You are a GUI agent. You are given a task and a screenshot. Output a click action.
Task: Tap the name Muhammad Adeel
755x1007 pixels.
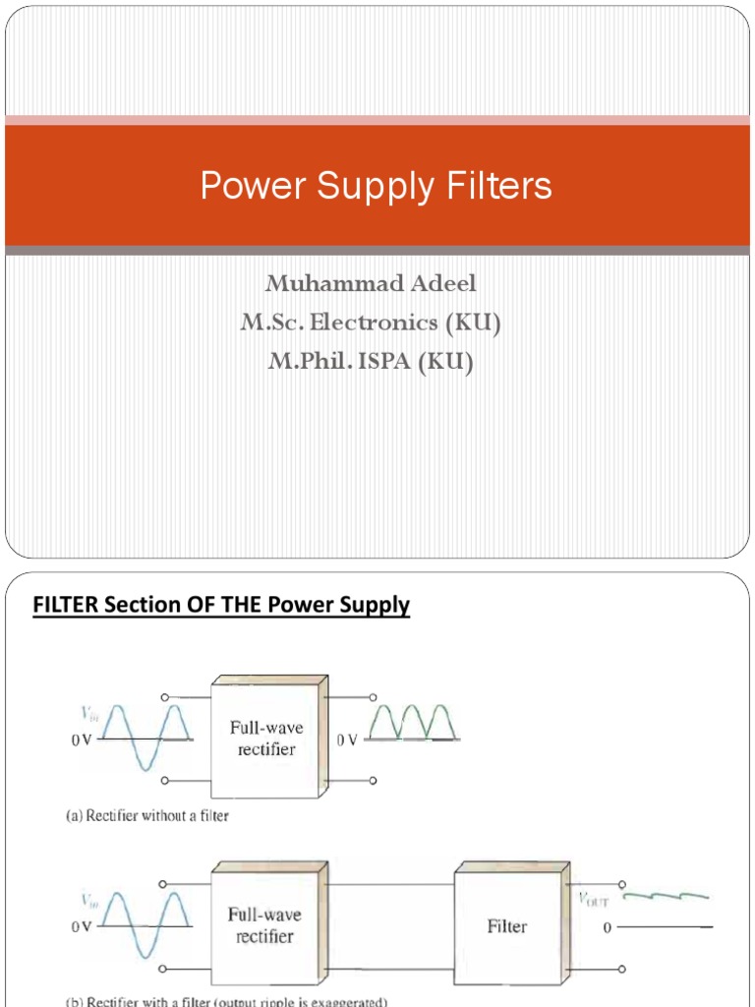click(x=371, y=283)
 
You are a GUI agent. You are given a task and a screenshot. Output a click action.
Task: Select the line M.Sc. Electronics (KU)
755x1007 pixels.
click(x=371, y=323)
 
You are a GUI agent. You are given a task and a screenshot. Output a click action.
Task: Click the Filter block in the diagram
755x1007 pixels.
click(x=507, y=925)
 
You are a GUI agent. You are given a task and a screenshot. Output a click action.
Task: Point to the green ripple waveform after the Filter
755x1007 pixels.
click(x=667, y=896)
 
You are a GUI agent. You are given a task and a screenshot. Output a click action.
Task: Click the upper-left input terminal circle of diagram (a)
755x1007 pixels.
click(x=164, y=698)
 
